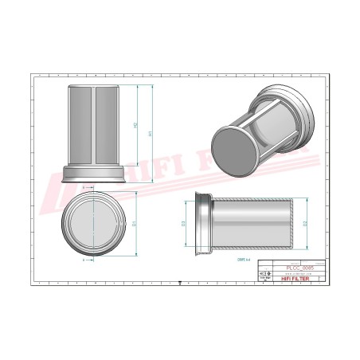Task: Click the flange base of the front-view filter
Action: tap(94, 170)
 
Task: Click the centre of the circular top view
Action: tap(94, 224)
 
